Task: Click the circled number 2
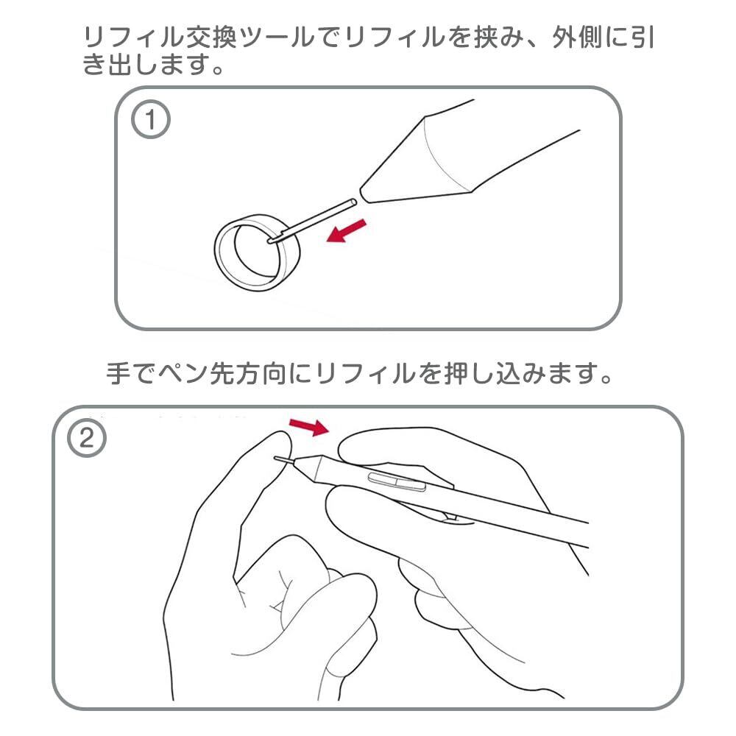[x=87, y=439]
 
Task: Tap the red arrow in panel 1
[x=345, y=230]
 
